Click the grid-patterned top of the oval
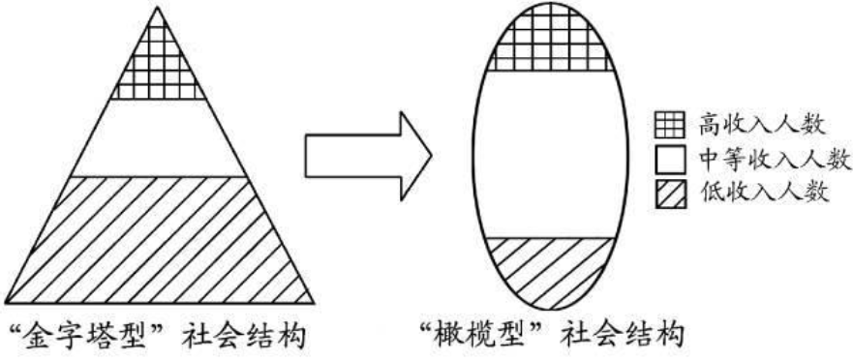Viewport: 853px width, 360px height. tap(547, 44)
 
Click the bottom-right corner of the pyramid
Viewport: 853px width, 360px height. tap(318, 302)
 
